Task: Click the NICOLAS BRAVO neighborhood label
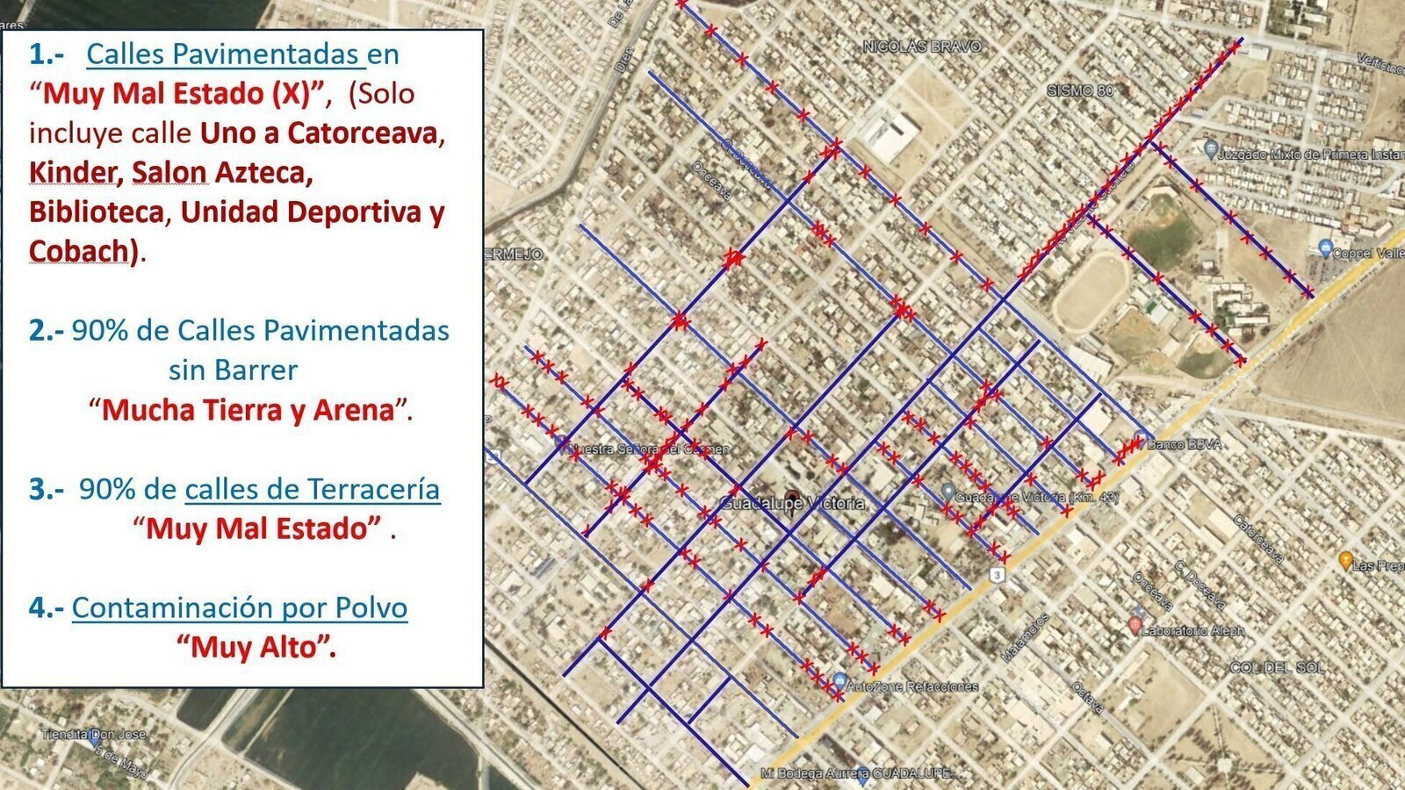pos(921,47)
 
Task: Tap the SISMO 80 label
pos(1080,90)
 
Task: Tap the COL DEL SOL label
pos(1277,668)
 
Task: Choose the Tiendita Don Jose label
pos(94,734)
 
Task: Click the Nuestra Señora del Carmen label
pos(649,449)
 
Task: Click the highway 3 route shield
pos(996,575)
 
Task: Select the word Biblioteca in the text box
pos(97,212)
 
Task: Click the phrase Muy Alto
pos(256,647)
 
